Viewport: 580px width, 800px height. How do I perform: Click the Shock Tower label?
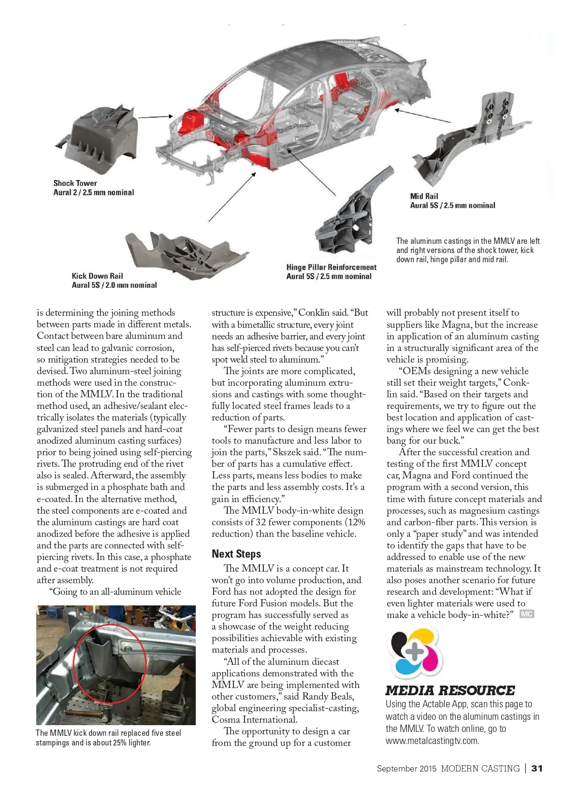(x=75, y=183)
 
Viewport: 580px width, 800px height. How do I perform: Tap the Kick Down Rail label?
(x=97, y=276)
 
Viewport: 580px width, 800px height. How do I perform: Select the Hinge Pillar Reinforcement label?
(x=331, y=267)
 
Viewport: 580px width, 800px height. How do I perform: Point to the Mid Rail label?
(x=424, y=196)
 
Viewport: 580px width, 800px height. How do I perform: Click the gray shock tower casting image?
(x=99, y=137)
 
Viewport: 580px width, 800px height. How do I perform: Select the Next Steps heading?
(x=236, y=554)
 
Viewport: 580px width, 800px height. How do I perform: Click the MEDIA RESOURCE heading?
(x=450, y=690)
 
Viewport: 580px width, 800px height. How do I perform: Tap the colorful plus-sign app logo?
(x=416, y=653)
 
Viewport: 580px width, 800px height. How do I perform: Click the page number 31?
(x=537, y=768)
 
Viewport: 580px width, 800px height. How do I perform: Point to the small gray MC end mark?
(x=527, y=614)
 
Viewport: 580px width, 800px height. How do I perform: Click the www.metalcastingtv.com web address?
(x=432, y=741)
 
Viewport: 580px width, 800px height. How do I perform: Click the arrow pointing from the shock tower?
(x=156, y=116)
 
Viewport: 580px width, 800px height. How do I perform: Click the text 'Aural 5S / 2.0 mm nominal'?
(x=114, y=285)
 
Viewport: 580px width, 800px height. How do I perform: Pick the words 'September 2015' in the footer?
(x=406, y=768)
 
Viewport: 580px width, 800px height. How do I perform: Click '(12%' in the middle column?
(x=355, y=522)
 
